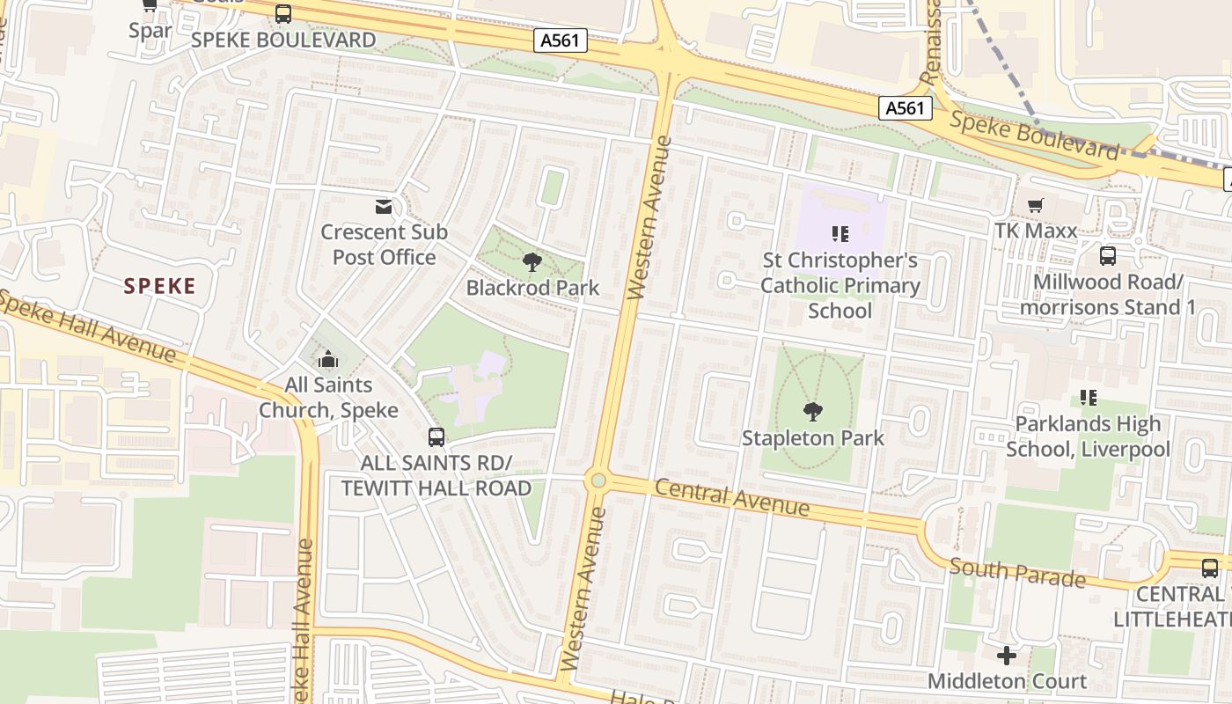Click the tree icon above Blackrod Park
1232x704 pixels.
pyautogui.click(x=532, y=261)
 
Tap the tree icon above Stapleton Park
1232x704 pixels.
pyautogui.click(x=813, y=411)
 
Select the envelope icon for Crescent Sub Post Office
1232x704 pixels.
pyautogui.click(x=384, y=207)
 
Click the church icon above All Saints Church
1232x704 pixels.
pyautogui.click(x=328, y=359)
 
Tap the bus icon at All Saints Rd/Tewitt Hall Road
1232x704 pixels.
pyautogui.click(x=436, y=436)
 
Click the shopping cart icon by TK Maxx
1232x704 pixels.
pyautogui.click(x=1036, y=205)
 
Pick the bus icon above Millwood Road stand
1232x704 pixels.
pyautogui.click(x=1107, y=256)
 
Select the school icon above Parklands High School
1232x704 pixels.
pyautogui.click(x=1089, y=398)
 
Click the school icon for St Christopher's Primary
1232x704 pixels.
pyautogui.click(x=840, y=234)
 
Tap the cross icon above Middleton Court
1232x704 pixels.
pyautogui.click(x=1007, y=656)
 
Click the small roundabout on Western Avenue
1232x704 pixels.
pyautogui.click(x=598, y=480)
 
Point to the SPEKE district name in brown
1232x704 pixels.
pyautogui.click(x=159, y=286)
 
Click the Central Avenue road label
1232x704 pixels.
pyautogui.click(x=732, y=498)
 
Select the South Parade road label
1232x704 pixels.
pyautogui.click(x=1017, y=573)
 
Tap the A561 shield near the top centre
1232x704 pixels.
pyautogui.click(x=561, y=40)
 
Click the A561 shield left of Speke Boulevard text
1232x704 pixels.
pyautogui.click(x=906, y=107)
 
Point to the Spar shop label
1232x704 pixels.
pyautogui.click(x=150, y=31)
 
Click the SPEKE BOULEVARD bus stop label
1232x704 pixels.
pyautogui.click(x=283, y=40)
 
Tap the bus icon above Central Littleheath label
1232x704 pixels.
pyautogui.click(x=1210, y=568)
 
